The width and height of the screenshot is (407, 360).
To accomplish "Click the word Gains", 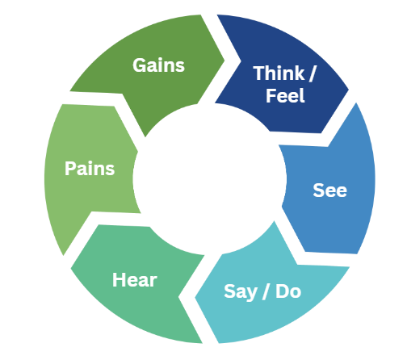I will click(x=157, y=65).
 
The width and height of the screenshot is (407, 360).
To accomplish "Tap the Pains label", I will click(x=90, y=169).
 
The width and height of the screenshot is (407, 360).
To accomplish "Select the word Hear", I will click(x=134, y=280).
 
